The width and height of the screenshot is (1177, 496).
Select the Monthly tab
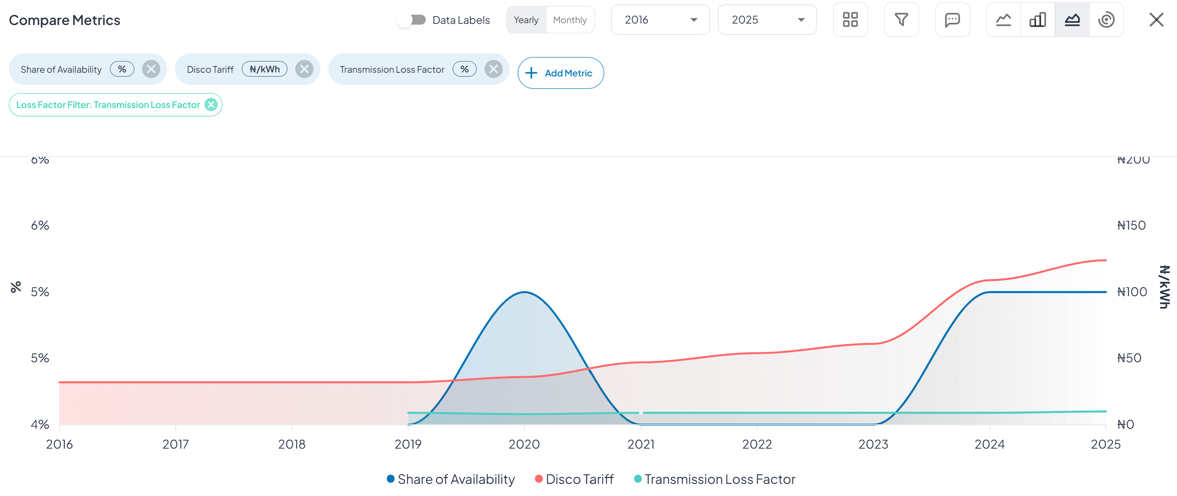569,20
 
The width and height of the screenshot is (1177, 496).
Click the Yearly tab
526,20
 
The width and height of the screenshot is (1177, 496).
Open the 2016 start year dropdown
660,20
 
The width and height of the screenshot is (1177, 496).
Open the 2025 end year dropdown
767,20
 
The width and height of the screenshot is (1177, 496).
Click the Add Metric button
560,73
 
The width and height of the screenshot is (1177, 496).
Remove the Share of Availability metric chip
151,69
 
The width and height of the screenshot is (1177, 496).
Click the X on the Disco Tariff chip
304,69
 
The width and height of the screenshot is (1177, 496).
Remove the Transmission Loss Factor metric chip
493,69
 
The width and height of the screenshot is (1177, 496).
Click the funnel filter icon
901,20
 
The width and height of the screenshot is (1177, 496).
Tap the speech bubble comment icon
952,20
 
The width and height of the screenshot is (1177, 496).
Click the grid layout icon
850,20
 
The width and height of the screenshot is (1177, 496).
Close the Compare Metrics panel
1156,20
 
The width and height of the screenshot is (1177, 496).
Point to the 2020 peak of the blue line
524,292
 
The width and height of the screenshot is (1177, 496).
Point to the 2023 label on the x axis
873,444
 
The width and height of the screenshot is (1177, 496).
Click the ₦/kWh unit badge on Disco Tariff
264,69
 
